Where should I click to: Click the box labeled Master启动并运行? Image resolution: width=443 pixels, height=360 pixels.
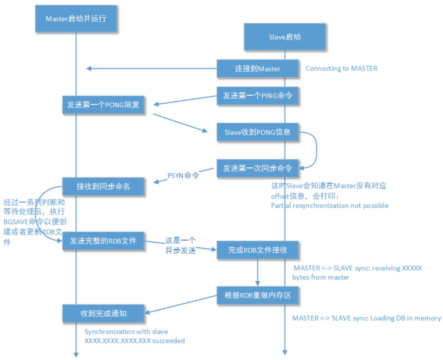coord(76,19)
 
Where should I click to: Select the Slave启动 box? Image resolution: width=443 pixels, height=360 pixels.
coord(284,37)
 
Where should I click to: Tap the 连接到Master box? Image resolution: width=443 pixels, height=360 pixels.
coord(257,68)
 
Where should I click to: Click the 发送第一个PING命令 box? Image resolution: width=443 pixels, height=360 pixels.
coord(257,96)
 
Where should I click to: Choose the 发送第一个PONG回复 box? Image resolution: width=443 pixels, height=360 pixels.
coord(103,104)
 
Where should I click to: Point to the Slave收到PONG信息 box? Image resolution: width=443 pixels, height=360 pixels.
coord(257,132)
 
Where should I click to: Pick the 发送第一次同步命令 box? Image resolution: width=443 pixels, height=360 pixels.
coord(257,168)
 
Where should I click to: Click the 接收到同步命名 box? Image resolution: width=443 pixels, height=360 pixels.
coord(103,186)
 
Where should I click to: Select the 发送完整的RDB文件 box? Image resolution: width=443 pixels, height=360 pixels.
coord(103,241)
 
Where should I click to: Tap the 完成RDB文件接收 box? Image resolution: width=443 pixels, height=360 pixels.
coord(257,250)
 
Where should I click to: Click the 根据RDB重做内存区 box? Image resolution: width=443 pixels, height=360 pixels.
coord(257,295)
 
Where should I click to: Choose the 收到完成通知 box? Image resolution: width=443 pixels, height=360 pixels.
coord(103,313)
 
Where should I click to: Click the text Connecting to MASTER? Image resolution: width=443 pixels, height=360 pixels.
coord(341,68)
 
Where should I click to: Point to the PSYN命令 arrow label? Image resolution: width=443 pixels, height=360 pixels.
coord(183,176)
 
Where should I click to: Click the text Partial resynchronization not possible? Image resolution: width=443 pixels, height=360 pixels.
coord(330,205)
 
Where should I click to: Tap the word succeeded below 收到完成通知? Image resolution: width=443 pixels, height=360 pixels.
coord(168,341)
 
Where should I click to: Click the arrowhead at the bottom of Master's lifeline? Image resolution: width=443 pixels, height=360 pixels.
coord(76,355)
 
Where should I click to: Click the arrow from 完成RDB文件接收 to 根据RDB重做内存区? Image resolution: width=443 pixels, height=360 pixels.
coord(257,273)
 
